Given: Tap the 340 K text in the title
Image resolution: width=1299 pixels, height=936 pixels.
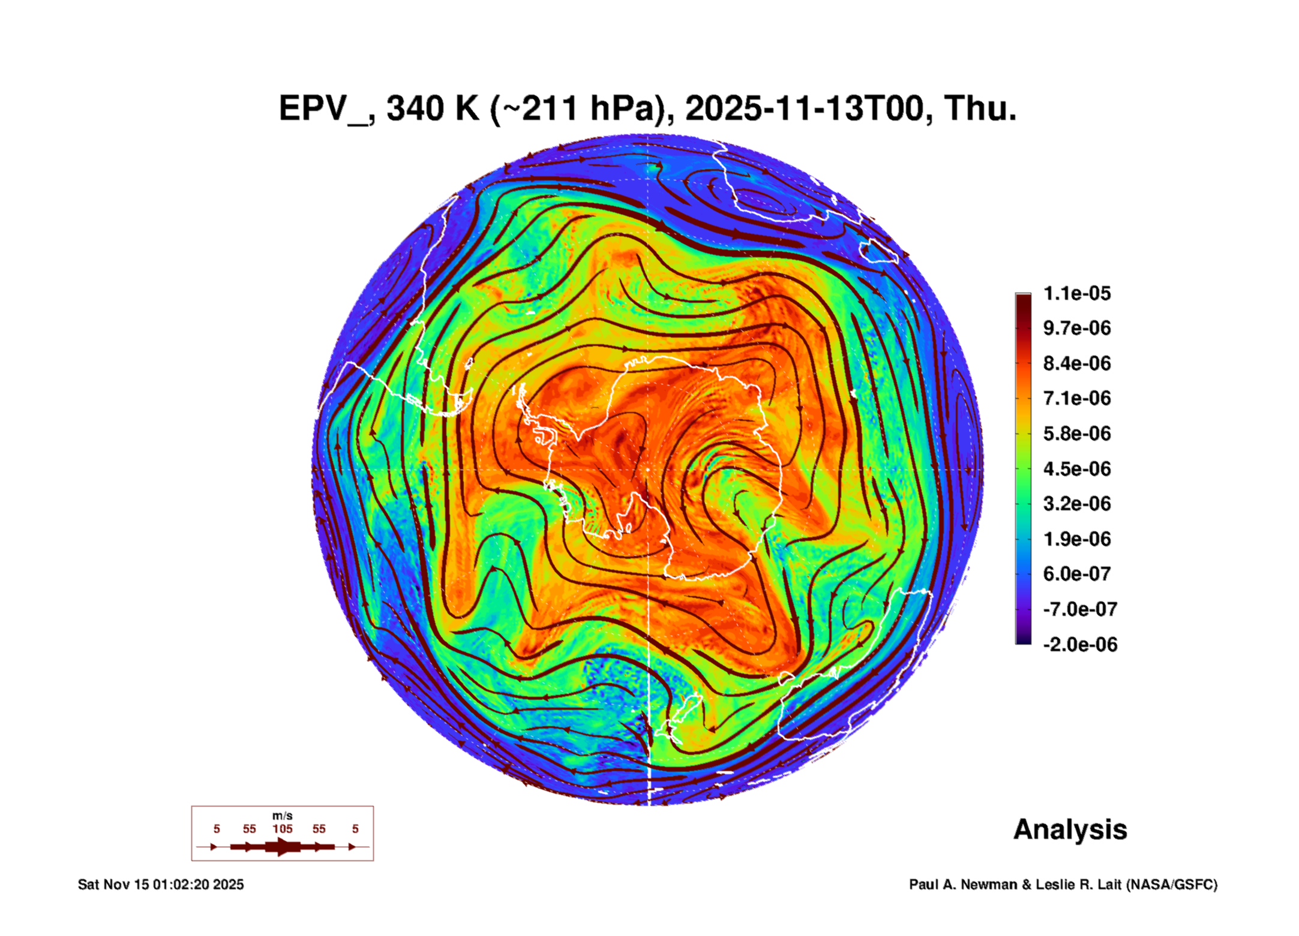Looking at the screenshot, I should point(432,109).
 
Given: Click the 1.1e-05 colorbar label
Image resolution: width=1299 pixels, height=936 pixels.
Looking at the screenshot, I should point(1077,293).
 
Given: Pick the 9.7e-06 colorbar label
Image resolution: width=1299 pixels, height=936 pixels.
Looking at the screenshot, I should point(1077,328).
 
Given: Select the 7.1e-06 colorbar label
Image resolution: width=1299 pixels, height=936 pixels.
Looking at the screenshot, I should point(1077,398).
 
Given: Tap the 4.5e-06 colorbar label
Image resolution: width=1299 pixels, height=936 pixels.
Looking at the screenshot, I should point(1077,468).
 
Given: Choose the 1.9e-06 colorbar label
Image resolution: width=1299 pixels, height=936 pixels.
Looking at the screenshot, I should point(1077,539).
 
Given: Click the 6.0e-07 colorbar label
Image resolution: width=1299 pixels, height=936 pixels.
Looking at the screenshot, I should point(1077,574).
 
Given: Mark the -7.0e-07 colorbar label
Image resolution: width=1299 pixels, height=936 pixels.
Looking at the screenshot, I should point(1079,609).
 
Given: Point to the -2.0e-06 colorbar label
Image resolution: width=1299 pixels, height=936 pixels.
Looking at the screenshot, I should point(1079,645).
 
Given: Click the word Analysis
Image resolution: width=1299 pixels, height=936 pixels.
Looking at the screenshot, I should point(1070,830).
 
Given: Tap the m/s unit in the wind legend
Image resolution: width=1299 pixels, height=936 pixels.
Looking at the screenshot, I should point(282,815).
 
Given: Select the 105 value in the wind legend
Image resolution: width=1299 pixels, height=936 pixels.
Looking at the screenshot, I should point(282,829).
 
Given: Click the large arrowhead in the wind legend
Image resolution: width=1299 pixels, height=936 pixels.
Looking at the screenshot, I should point(282,847).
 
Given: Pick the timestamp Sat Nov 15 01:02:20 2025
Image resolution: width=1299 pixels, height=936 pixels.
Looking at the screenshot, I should point(161,884).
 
